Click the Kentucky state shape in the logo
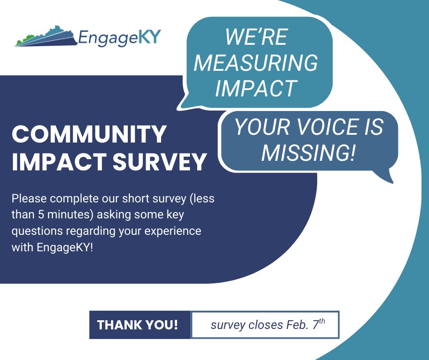click(x=46, y=36)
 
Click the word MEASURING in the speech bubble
click(x=256, y=63)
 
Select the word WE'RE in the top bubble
click(x=256, y=37)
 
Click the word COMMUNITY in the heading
click(x=89, y=134)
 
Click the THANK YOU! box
click(x=137, y=325)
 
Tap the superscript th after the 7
click(x=322, y=321)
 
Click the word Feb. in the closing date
click(x=288, y=325)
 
